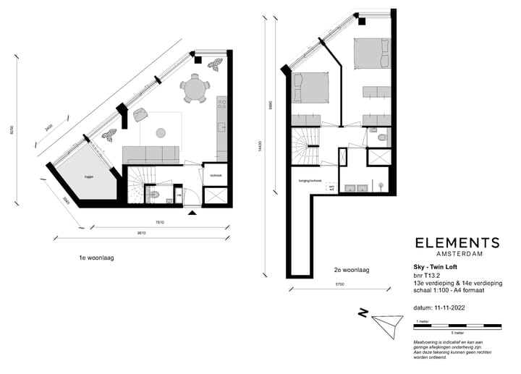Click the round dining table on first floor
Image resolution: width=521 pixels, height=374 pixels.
[195, 90]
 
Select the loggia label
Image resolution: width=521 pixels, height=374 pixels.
[88, 175]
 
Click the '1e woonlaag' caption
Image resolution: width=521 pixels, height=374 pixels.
[97, 257]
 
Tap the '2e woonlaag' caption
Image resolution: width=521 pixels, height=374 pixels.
[352, 269]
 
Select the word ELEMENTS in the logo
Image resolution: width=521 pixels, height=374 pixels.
[457, 243]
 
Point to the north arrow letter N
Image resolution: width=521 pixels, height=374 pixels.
[363, 313]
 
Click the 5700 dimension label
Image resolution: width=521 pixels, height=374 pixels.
[339, 284]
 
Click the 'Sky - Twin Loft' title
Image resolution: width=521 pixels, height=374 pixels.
[425, 267]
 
